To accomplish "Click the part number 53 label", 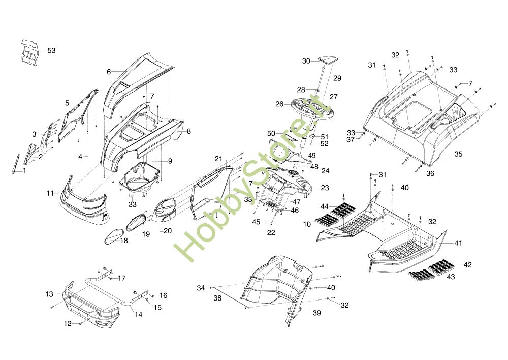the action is tap(51, 51).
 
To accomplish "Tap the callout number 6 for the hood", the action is tap(109, 72).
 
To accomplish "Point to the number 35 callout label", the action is tap(458, 154).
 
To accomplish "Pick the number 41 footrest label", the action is tap(458, 243).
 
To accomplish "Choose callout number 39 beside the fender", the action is tap(316, 313).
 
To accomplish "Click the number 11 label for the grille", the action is tap(50, 193).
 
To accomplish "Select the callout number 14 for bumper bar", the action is tap(138, 314).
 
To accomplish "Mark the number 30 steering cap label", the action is tap(306, 61).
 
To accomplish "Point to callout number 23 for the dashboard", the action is tap(325, 188).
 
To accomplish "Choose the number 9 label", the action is tap(170, 161).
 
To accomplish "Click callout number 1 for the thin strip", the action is tap(24, 170).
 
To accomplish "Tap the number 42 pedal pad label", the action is tap(467, 265).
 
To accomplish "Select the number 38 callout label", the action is tap(217, 298).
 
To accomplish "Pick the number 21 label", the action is tap(218, 159).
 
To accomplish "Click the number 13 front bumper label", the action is tap(49, 294).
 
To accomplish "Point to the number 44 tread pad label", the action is tap(324, 206).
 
